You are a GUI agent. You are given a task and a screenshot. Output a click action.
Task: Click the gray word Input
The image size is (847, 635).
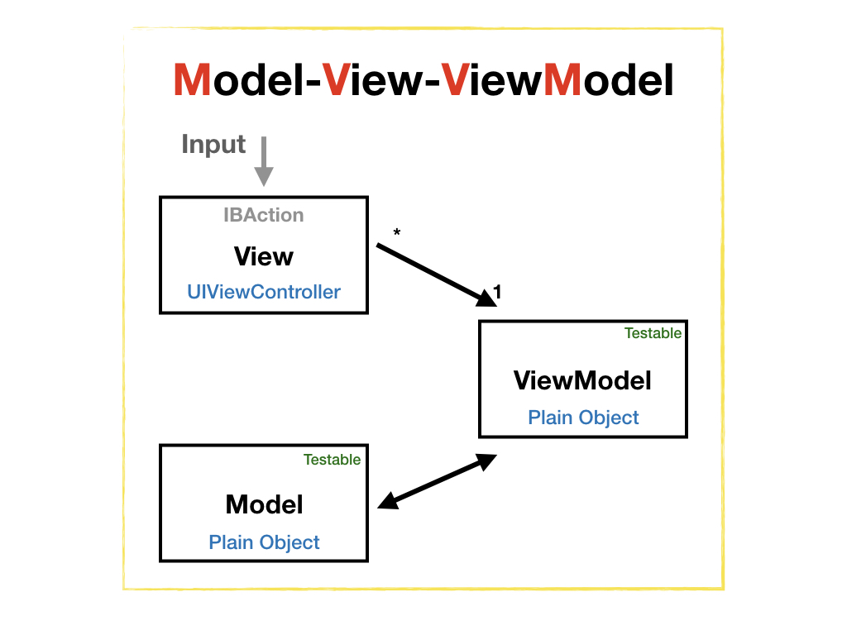[x=213, y=145]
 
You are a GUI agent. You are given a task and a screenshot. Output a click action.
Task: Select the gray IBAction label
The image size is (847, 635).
[x=263, y=215]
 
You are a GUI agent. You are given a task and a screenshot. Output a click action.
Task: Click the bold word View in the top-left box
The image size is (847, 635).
[x=263, y=256]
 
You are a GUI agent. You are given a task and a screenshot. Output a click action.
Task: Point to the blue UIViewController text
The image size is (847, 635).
[x=263, y=292]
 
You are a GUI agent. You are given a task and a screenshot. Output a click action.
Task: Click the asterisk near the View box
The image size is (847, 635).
[x=397, y=234]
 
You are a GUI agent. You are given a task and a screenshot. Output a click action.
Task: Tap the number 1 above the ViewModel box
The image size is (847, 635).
[x=497, y=291]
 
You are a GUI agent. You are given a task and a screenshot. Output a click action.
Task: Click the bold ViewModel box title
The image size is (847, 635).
[x=582, y=380]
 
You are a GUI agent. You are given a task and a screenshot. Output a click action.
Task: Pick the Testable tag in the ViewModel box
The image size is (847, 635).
[x=653, y=333]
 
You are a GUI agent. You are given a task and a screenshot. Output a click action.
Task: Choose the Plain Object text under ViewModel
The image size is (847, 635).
[x=583, y=417]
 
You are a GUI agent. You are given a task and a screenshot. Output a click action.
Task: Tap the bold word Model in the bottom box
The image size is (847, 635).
[x=264, y=504]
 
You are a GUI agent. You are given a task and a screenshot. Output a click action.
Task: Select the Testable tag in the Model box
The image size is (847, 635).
[x=332, y=460]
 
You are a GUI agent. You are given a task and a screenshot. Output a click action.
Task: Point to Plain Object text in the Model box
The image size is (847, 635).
[x=264, y=542]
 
